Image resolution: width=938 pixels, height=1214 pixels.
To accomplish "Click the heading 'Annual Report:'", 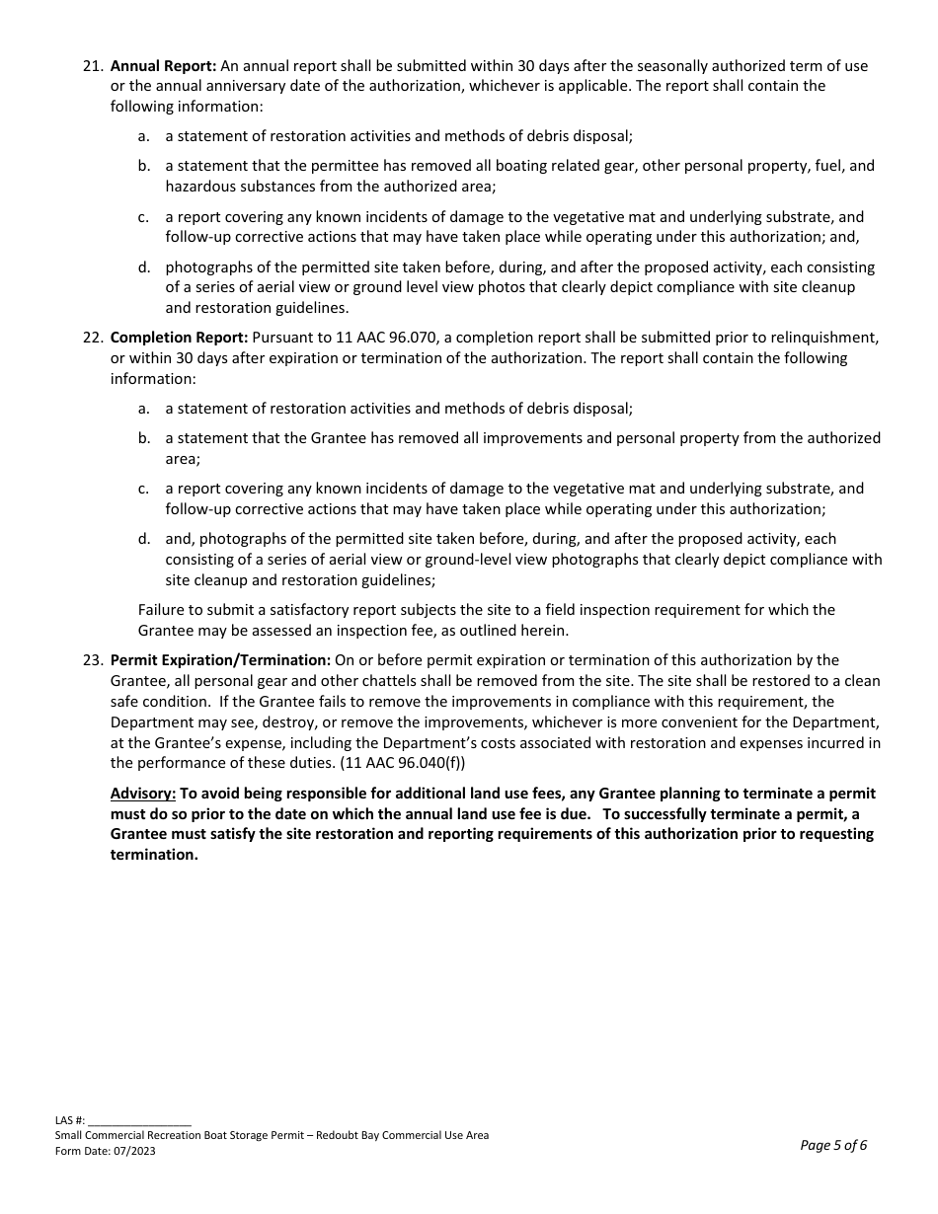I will point(163,66).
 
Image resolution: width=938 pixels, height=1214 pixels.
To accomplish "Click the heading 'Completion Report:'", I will point(179,338).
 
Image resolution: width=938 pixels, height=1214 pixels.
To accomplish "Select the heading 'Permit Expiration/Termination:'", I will point(220,660).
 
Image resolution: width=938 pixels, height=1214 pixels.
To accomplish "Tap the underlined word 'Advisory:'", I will point(143,794).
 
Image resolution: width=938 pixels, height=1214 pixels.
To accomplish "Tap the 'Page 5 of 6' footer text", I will point(833,1146).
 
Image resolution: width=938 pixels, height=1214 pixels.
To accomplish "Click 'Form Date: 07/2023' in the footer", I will point(106,1151).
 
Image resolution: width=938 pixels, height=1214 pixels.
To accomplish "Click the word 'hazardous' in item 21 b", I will point(197,187).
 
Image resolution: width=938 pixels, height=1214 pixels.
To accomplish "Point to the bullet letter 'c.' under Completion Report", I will point(144,489).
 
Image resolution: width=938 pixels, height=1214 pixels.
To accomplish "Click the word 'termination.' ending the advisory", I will point(154,855).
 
